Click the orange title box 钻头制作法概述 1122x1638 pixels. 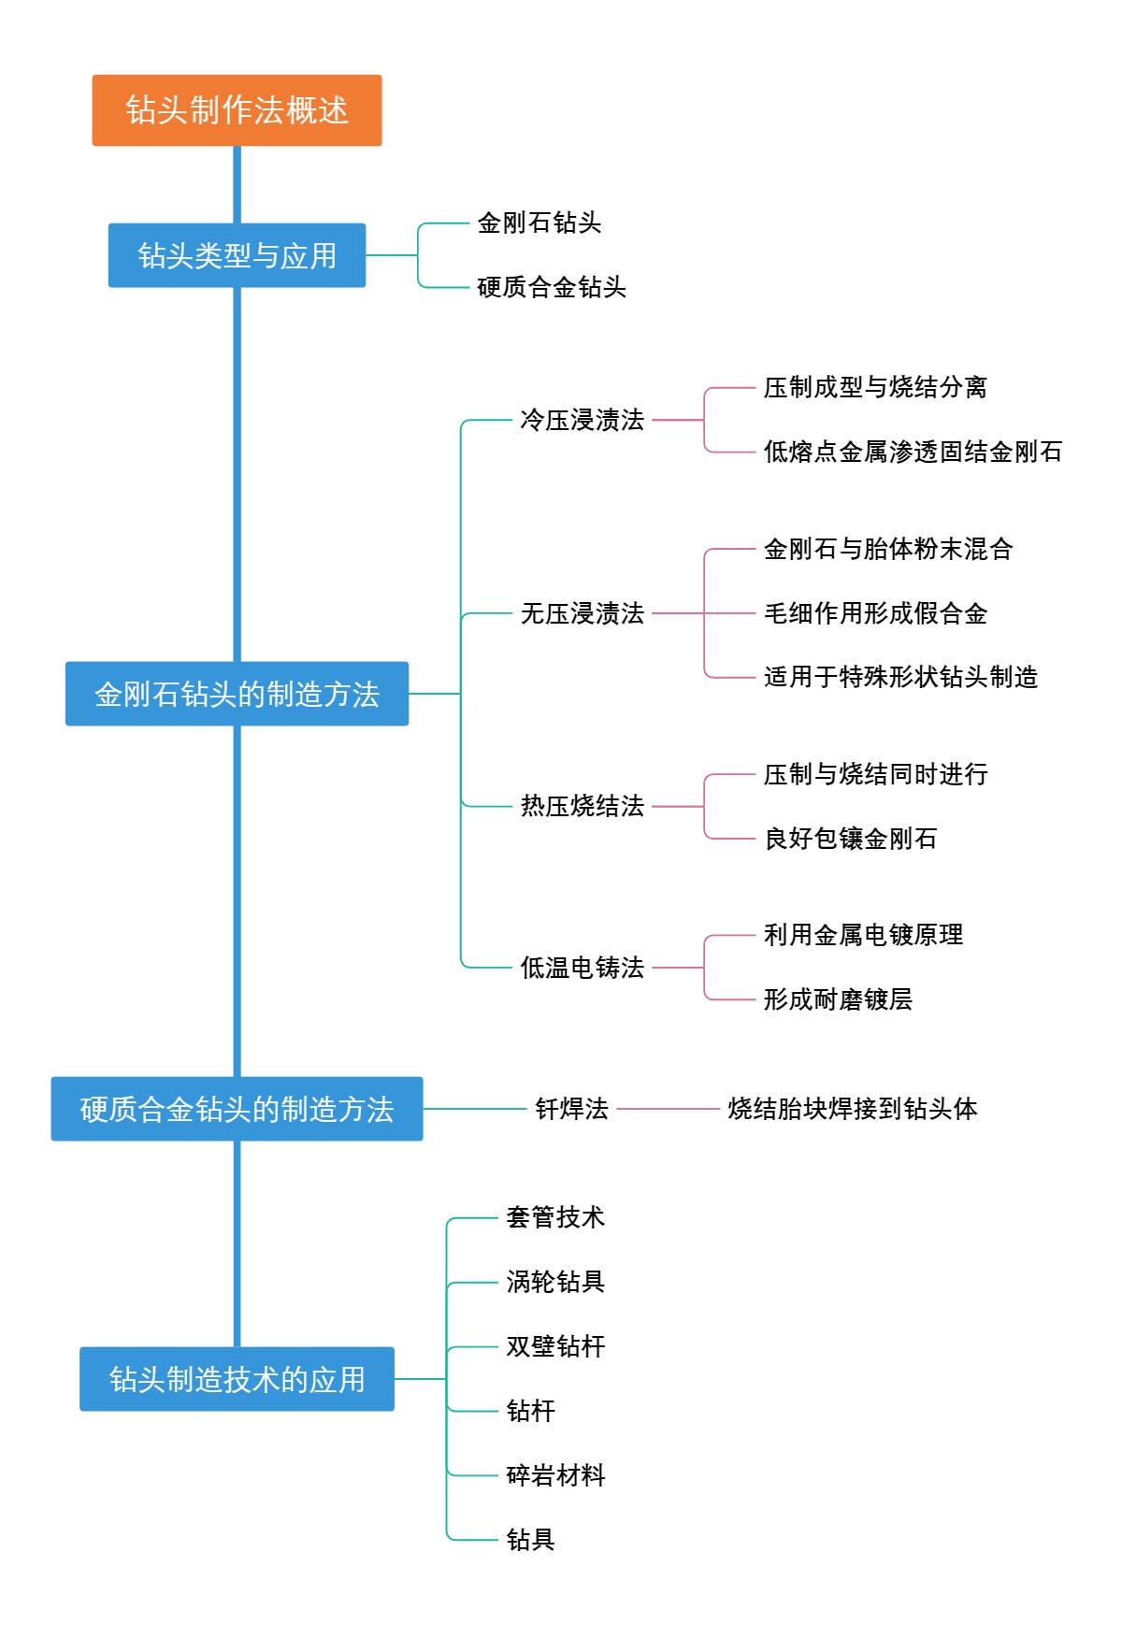click(x=237, y=110)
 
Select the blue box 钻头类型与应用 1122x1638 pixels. click(x=237, y=255)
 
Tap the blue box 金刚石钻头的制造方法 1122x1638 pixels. click(x=237, y=694)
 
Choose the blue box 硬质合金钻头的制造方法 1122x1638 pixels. click(x=237, y=1109)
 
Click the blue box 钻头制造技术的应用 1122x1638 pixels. click(x=237, y=1379)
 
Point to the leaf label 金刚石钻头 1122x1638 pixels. click(x=539, y=223)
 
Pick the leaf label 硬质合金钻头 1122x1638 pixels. click(x=552, y=287)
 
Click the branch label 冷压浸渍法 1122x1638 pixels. click(x=582, y=420)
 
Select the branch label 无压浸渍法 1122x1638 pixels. click(x=582, y=613)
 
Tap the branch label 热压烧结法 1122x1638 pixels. click(x=582, y=806)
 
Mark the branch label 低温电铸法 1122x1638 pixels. click(x=582, y=968)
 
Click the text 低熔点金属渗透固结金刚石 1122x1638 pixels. click(x=913, y=452)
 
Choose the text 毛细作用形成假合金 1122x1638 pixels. click(x=875, y=613)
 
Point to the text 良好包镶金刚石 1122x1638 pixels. click(x=850, y=839)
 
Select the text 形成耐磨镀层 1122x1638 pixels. click(x=838, y=999)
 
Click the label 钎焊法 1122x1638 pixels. click(x=571, y=1109)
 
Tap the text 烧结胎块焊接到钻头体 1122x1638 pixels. click(x=853, y=1109)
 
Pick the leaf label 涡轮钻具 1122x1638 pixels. click(x=555, y=1282)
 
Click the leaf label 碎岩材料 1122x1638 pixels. click(x=555, y=1475)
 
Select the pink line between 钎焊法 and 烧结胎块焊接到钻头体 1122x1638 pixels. click(x=668, y=1109)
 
